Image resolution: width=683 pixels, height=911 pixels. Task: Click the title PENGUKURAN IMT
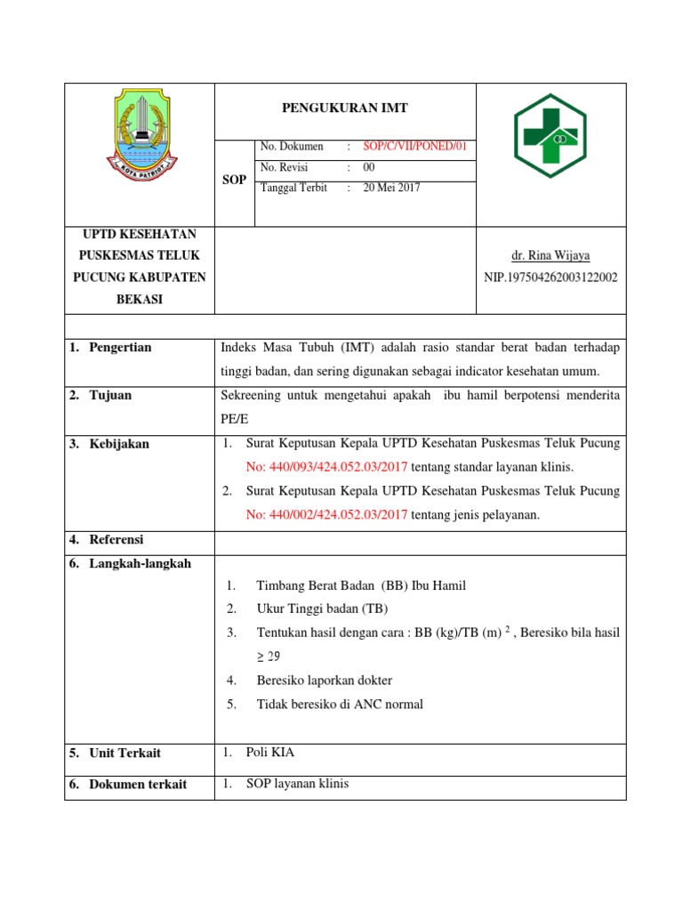tap(345, 109)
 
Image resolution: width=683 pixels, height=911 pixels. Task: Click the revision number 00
tap(369, 167)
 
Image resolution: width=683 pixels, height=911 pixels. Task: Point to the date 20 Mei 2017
tap(391, 188)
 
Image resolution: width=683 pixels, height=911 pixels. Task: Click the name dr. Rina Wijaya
tap(550, 255)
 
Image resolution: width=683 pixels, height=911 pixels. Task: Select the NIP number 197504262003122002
tap(550, 278)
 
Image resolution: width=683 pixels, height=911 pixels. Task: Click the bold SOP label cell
tap(234, 181)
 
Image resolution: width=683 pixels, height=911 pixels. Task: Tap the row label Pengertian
tap(120, 348)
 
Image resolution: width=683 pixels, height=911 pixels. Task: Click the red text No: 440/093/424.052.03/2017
tap(326, 466)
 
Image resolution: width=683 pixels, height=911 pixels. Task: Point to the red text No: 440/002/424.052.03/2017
tap(326, 514)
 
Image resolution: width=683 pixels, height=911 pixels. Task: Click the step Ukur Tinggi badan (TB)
tap(322, 609)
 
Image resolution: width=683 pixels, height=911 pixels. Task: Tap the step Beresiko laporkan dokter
tap(324, 681)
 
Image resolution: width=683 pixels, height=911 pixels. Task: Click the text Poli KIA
tap(269, 753)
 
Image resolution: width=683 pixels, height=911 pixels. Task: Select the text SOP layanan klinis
tap(297, 784)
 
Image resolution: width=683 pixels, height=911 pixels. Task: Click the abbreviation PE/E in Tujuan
tap(232, 418)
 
